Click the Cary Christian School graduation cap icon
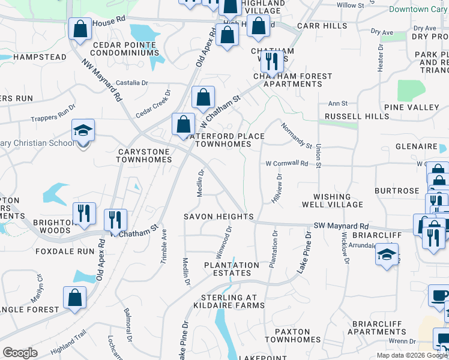pos(82,131)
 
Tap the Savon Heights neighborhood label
pos(218,217)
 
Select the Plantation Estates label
pos(232,269)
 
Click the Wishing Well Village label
pos(332,200)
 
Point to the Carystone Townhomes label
pos(144,156)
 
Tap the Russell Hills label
pos(349,116)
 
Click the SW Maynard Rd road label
pos(342,226)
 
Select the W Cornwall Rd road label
pos(287,163)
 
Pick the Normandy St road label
pos(297,135)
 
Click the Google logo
pos(20,352)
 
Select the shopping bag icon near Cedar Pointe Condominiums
pos(79,29)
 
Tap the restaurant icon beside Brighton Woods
pos(83,213)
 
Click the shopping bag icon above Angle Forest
pos(74,298)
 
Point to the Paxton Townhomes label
pos(292,335)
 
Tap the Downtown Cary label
pos(418,9)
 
